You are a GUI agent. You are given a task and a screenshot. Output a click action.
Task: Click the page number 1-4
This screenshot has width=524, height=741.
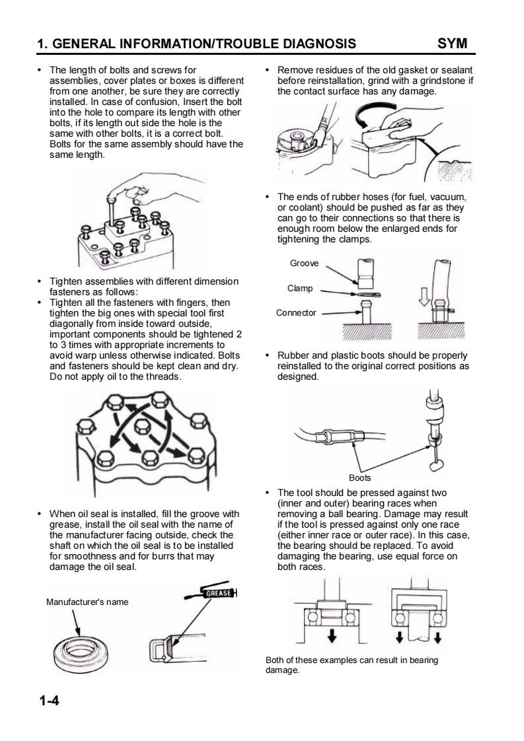pos(49,700)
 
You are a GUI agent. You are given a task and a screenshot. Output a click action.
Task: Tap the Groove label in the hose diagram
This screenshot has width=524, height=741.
pos(304,263)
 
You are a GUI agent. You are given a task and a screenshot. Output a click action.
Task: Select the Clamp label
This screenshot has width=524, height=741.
pos(300,288)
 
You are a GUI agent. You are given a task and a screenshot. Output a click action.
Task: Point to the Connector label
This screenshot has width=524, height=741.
pos(296,312)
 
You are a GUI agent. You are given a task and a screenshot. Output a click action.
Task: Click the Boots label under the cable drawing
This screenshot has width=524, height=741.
pos(360,477)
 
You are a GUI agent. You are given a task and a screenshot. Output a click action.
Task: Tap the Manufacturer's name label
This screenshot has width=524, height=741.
pos(87,602)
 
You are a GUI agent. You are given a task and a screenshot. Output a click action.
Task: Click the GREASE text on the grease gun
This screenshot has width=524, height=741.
pos(218,593)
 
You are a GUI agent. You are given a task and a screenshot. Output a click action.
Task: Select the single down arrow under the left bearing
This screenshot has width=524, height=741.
pos(332,635)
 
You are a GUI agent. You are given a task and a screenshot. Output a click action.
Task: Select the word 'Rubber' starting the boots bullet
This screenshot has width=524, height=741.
pos(293,355)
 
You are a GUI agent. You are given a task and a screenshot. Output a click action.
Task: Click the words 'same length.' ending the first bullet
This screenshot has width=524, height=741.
pos(77,155)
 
